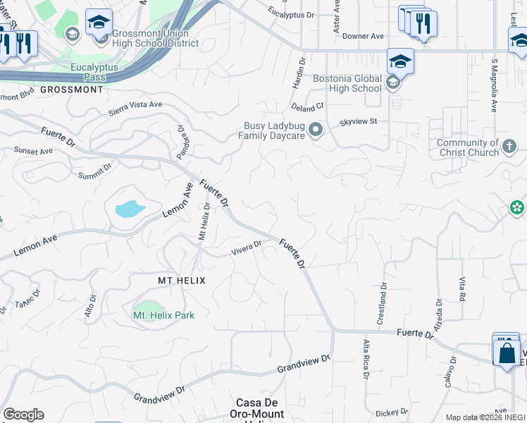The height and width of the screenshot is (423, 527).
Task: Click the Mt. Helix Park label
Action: (x=163, y=315)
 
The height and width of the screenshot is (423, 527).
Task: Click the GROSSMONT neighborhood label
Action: (x=72, y=90)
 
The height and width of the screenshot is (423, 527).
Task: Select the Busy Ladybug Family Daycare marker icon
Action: (x=316, y=130)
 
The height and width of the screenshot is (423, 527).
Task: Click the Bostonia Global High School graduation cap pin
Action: (x=400, y=61)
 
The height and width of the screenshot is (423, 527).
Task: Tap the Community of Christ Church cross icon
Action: (x=509, y=147)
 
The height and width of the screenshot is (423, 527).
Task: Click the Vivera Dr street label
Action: (x=247, y=247)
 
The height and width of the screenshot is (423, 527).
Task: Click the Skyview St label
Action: (x=359, y=121)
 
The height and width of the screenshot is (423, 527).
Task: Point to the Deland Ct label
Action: (x=308, y=106)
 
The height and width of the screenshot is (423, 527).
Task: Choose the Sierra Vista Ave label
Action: (x=135, y=108)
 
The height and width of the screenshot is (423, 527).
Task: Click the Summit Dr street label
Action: (x=95, y=171)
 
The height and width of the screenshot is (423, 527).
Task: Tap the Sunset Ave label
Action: (x=33, y=151)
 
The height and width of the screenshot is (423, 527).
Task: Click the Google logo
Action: (x=23, y=415)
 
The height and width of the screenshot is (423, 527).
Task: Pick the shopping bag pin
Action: (x=507, y=352)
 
